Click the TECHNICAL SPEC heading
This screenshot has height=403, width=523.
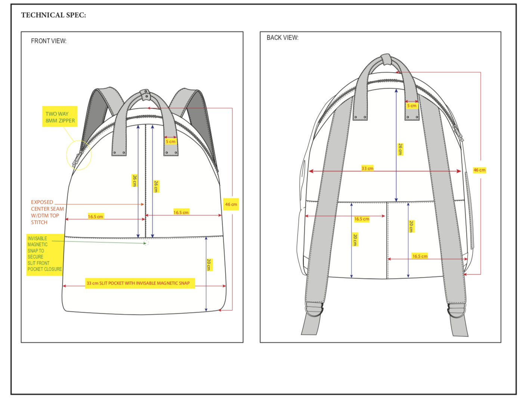click(x=53, y=15)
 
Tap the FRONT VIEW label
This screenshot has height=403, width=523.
click(x=49, y=41)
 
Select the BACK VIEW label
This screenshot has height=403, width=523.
click(x=282, y=37)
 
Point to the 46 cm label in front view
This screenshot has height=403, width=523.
click(x=231, y=204)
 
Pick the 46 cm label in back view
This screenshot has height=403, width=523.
click(x=479, y=170)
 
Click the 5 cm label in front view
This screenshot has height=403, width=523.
click(x=170, y=142)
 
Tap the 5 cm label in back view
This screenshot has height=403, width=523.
click(x=412, y=106)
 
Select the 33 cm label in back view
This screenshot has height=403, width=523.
click(x=367, y=168)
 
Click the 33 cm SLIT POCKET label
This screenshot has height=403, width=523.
click(x=140, y=283)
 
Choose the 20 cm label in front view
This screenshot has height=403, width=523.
click(x=209, y=265)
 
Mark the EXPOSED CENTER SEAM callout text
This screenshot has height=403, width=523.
click(x=47, y=212)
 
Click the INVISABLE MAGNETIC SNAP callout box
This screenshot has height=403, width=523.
click(x=45, y=255)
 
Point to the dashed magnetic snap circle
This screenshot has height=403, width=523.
click(x=146, y=243)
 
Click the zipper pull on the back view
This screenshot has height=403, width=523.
click(x=458, y=132)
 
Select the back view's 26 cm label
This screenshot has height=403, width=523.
click(x=400, y=149)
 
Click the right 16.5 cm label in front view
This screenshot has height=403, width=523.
click(x=181, y=212)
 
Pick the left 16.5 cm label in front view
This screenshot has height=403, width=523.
click(x=95, y=216)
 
